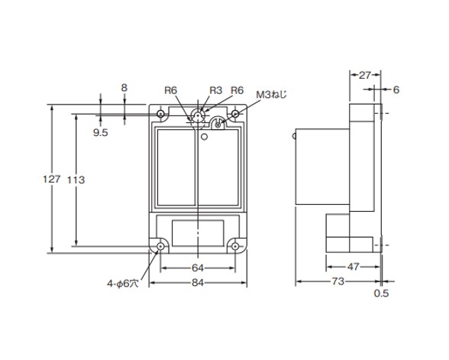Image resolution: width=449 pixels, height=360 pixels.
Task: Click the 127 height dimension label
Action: [x=52, y=179]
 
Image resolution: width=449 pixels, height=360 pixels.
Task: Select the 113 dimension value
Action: [x=76, y=180]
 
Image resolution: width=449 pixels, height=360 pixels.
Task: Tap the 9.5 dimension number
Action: [x=101, y=133]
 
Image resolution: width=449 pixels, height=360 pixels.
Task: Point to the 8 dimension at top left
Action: [x=124, y=88]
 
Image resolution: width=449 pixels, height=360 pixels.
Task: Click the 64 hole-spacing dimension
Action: [x=198, y=268]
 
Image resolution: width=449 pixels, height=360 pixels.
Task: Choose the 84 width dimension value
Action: [x=198, y=283]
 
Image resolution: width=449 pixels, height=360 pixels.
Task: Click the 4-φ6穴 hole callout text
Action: [x=123, y=284]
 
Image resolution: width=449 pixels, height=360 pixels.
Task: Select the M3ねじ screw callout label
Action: [x=271, y=94]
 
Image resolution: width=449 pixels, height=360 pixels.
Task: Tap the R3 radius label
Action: [x=215, y=90]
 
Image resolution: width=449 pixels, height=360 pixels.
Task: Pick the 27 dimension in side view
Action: [x=365, y=75]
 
